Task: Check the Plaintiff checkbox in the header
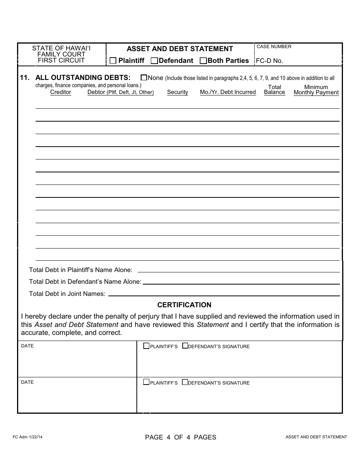click(113, 61)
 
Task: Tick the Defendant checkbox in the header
click(154, 61)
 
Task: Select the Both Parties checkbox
click(203, 61)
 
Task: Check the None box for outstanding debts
click(144, 77)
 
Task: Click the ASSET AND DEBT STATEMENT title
click(180, 49)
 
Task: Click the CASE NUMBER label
click(274, 47)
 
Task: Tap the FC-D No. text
click(269, 61)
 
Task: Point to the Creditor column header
click(61, 92)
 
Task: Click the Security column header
click(177, 92)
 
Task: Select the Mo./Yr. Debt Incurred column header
click(228, 92)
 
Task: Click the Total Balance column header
click(274, 90)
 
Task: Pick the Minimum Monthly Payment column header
click(316, 90)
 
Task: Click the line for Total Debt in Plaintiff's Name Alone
click(238, 270)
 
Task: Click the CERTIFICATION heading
click(184, 305)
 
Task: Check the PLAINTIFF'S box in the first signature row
click(146, 346)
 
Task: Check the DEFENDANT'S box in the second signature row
click(185, 382)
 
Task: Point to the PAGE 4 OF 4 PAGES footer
click(180, 437)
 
